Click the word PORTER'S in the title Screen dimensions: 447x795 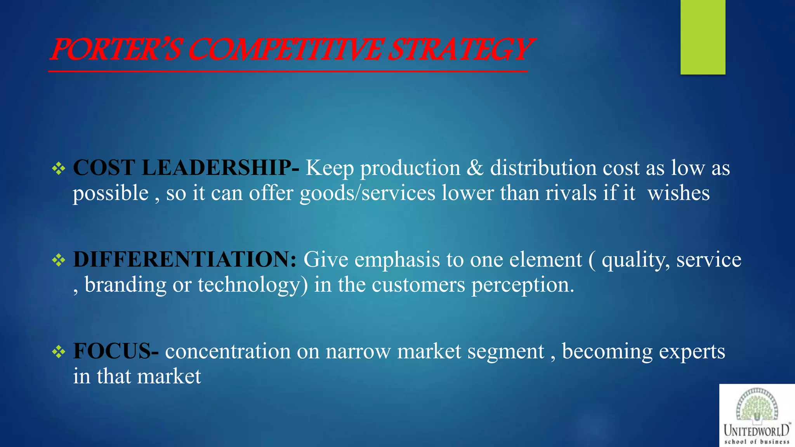coord(116,50)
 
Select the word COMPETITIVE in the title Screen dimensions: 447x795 coord(285,50)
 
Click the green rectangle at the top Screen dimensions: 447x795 coord(703,37)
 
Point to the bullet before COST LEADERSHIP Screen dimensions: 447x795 coord(59,168)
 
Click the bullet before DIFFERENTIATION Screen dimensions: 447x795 coord(59,260)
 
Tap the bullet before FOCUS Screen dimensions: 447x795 coord(59,352)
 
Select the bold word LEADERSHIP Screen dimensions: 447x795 coord(217,168)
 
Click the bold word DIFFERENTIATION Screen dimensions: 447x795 coord(185,259)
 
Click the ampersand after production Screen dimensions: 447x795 coord(475,168)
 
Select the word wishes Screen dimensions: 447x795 coord(679,193)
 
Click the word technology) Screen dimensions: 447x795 coord(253,286)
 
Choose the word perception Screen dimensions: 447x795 coord(522,286)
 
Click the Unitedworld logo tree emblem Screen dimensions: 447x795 coord(757,406)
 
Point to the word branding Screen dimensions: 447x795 coord(125,286)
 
